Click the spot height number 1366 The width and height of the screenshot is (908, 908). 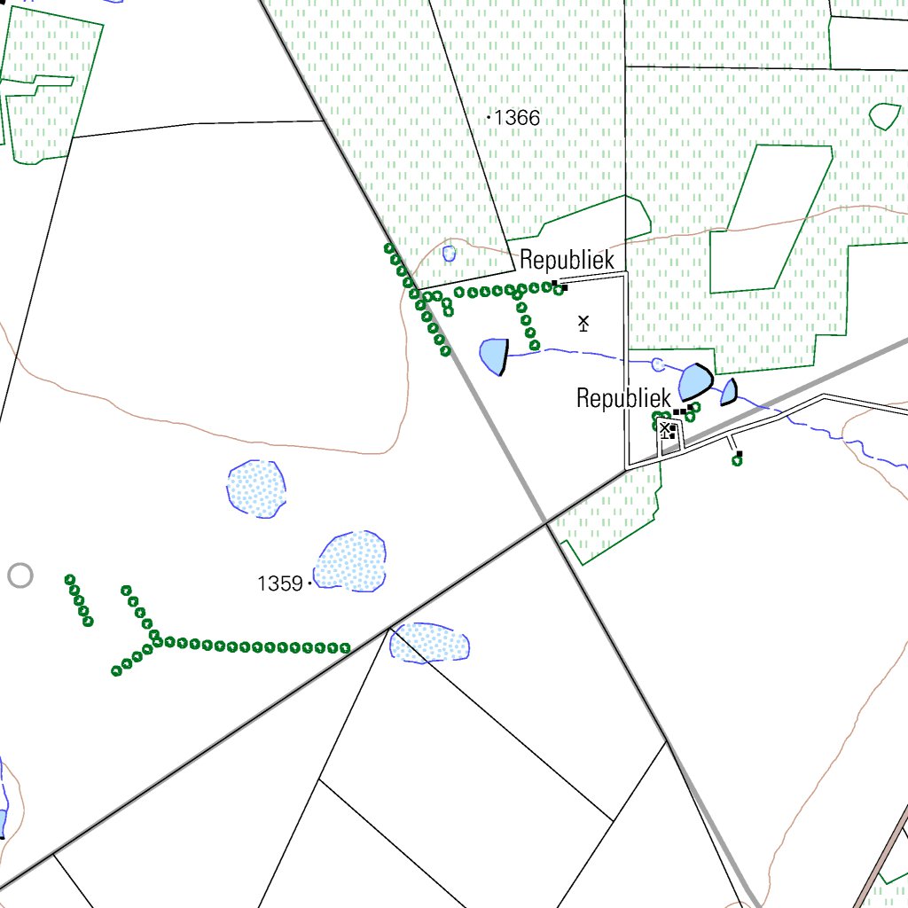coord(518,118)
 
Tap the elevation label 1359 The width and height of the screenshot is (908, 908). coord(280,583)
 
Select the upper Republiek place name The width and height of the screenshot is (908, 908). coord(567,260)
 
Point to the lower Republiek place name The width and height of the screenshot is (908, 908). coord(623,398)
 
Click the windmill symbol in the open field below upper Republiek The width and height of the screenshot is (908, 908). coord(583,323)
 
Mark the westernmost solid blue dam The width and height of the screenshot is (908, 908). coord(493,356)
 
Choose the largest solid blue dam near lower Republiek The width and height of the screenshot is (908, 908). coord(695,382)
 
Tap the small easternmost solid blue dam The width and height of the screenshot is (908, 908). coord(729,392)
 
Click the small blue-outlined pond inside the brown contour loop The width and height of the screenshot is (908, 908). coord(449,254)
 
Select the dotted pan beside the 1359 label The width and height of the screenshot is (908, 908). coord(351,560)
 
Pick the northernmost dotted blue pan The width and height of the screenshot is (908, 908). coord(256,489)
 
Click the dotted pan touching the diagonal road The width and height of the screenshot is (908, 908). coord(431,641)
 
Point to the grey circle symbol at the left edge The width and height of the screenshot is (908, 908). coord(20,575)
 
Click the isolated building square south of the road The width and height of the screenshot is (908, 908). coord(739,453)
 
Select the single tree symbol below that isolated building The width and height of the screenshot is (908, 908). coord(737,461)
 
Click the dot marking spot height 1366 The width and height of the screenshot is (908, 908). coord(489,117)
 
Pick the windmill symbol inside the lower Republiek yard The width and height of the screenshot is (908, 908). coord(664,429)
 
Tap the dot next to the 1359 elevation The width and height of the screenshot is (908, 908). coord(309,583)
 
